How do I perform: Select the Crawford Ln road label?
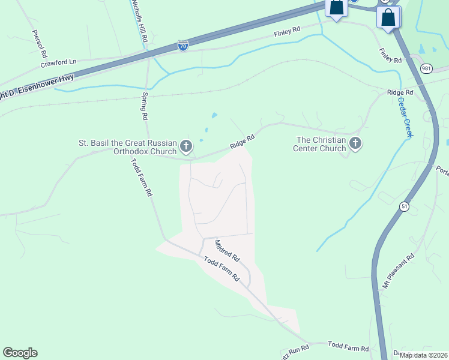point(59,62)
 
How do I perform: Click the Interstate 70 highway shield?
point(183,46)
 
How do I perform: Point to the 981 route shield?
point(426,68)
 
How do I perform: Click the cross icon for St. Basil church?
point(187,146)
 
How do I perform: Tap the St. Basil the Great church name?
point(128,148)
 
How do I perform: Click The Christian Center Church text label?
point(321,144)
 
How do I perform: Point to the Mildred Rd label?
point(227,250)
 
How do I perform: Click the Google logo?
point(20,353)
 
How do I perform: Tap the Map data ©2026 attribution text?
point(423,355)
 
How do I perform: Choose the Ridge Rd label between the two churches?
point(243,142)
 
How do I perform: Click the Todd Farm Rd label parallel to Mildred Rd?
point(221,269)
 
